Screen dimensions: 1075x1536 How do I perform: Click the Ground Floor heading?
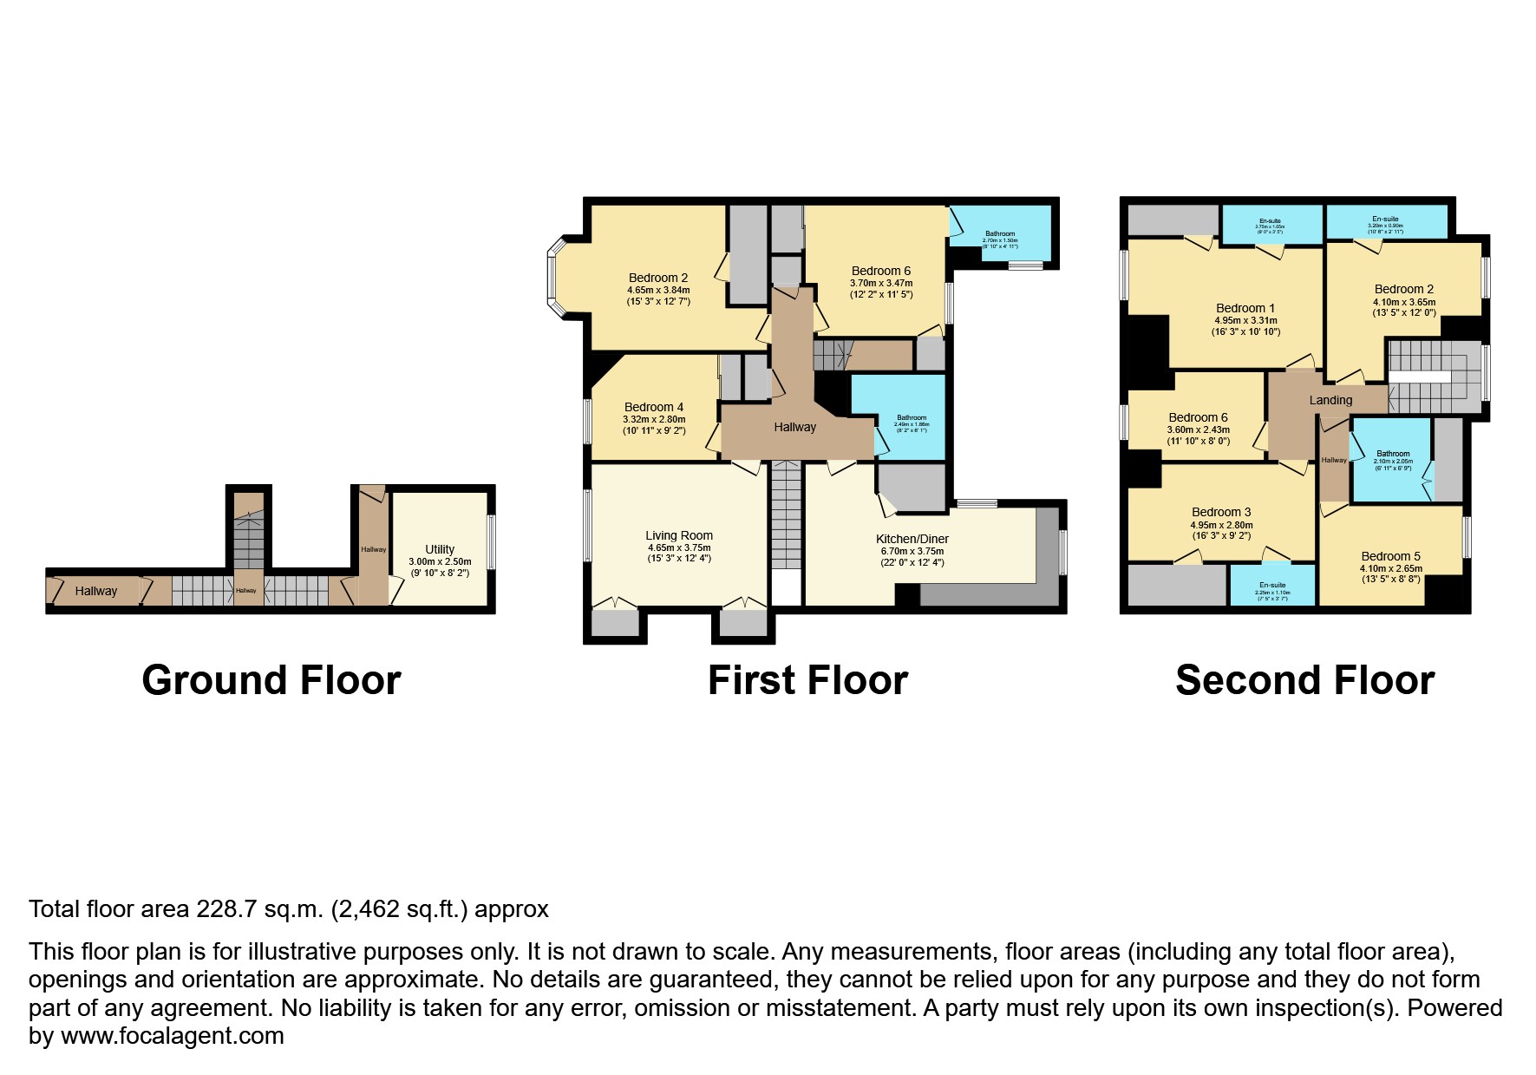[271, 680]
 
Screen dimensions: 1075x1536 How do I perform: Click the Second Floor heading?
[1304, 680]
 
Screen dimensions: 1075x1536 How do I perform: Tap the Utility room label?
[440, 549]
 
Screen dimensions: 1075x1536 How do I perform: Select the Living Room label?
[678, 535]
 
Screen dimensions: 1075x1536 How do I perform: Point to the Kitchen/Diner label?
[912, 539]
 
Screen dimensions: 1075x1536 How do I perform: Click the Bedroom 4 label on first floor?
[654, 407]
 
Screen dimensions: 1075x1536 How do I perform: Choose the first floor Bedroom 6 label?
[881, 271]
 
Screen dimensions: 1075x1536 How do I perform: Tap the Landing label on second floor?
[1330, 400]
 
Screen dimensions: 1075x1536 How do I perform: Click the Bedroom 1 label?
[1245, 308]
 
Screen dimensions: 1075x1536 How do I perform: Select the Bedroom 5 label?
[1390, 556]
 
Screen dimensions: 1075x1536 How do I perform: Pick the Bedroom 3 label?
[1221, 512]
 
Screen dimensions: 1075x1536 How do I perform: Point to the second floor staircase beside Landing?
[1433, 377]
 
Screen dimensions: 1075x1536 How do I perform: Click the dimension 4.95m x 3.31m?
[1245, 320]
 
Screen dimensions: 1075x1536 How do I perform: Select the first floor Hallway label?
[794, 427]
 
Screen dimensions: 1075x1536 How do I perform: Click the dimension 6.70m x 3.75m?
[912, 551]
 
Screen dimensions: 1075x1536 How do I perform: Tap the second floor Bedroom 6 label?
[1198, 417]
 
